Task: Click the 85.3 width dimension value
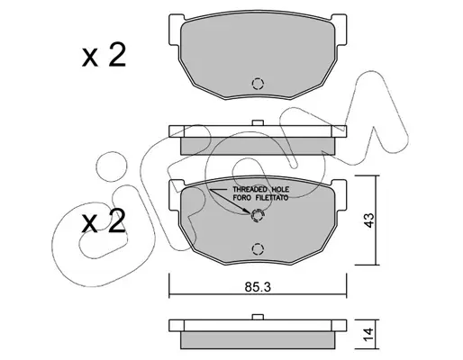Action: click(x=258, y=287)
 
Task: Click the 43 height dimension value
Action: click(x=369, y=220)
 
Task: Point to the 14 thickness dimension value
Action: click(x=369, y=334)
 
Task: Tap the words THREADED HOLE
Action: click(x=261, y=190)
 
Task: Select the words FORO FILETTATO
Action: click(x=260, y=198)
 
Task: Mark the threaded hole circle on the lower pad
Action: click(x=258, y=215)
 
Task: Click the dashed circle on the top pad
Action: click(x=258, y=84)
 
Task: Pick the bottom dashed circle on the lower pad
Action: click(x=258, y=248)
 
